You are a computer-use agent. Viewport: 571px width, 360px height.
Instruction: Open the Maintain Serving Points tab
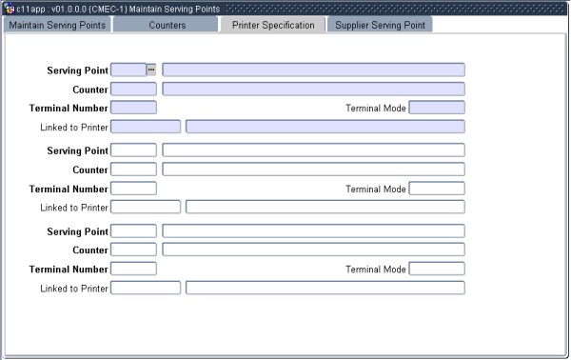pos(56,24)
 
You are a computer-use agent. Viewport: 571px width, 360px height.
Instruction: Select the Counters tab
pos(167,24)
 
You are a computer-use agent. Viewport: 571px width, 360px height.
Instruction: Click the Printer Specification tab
pos(273,24)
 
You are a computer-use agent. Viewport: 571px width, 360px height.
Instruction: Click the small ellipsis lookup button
pos(151,70)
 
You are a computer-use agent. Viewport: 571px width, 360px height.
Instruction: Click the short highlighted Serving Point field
pos(128,70)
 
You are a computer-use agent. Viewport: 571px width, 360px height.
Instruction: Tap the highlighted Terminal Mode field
pos(436,108)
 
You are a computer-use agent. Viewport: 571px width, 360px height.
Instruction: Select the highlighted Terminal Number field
pos(133,108)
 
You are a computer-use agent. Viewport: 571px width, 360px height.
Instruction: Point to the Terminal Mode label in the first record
pos(376,108)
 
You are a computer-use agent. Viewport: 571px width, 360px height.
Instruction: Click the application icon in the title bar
pos(9,8)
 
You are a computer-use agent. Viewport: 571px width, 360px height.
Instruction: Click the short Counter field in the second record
pos(133,170)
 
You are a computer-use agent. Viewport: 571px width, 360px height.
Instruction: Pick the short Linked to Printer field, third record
pos(146,288)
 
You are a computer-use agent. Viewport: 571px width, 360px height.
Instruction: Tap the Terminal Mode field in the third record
pos(436,269)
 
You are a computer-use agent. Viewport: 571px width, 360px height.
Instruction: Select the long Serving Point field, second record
pos(313,150)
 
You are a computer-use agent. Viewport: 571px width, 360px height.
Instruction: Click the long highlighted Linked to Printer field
pos(325,127)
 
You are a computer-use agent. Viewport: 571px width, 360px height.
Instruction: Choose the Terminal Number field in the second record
pos(133,189)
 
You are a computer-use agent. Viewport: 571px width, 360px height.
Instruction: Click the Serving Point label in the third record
pos(78,230)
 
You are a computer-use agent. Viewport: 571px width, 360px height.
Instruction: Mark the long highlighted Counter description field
pos(313,89)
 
